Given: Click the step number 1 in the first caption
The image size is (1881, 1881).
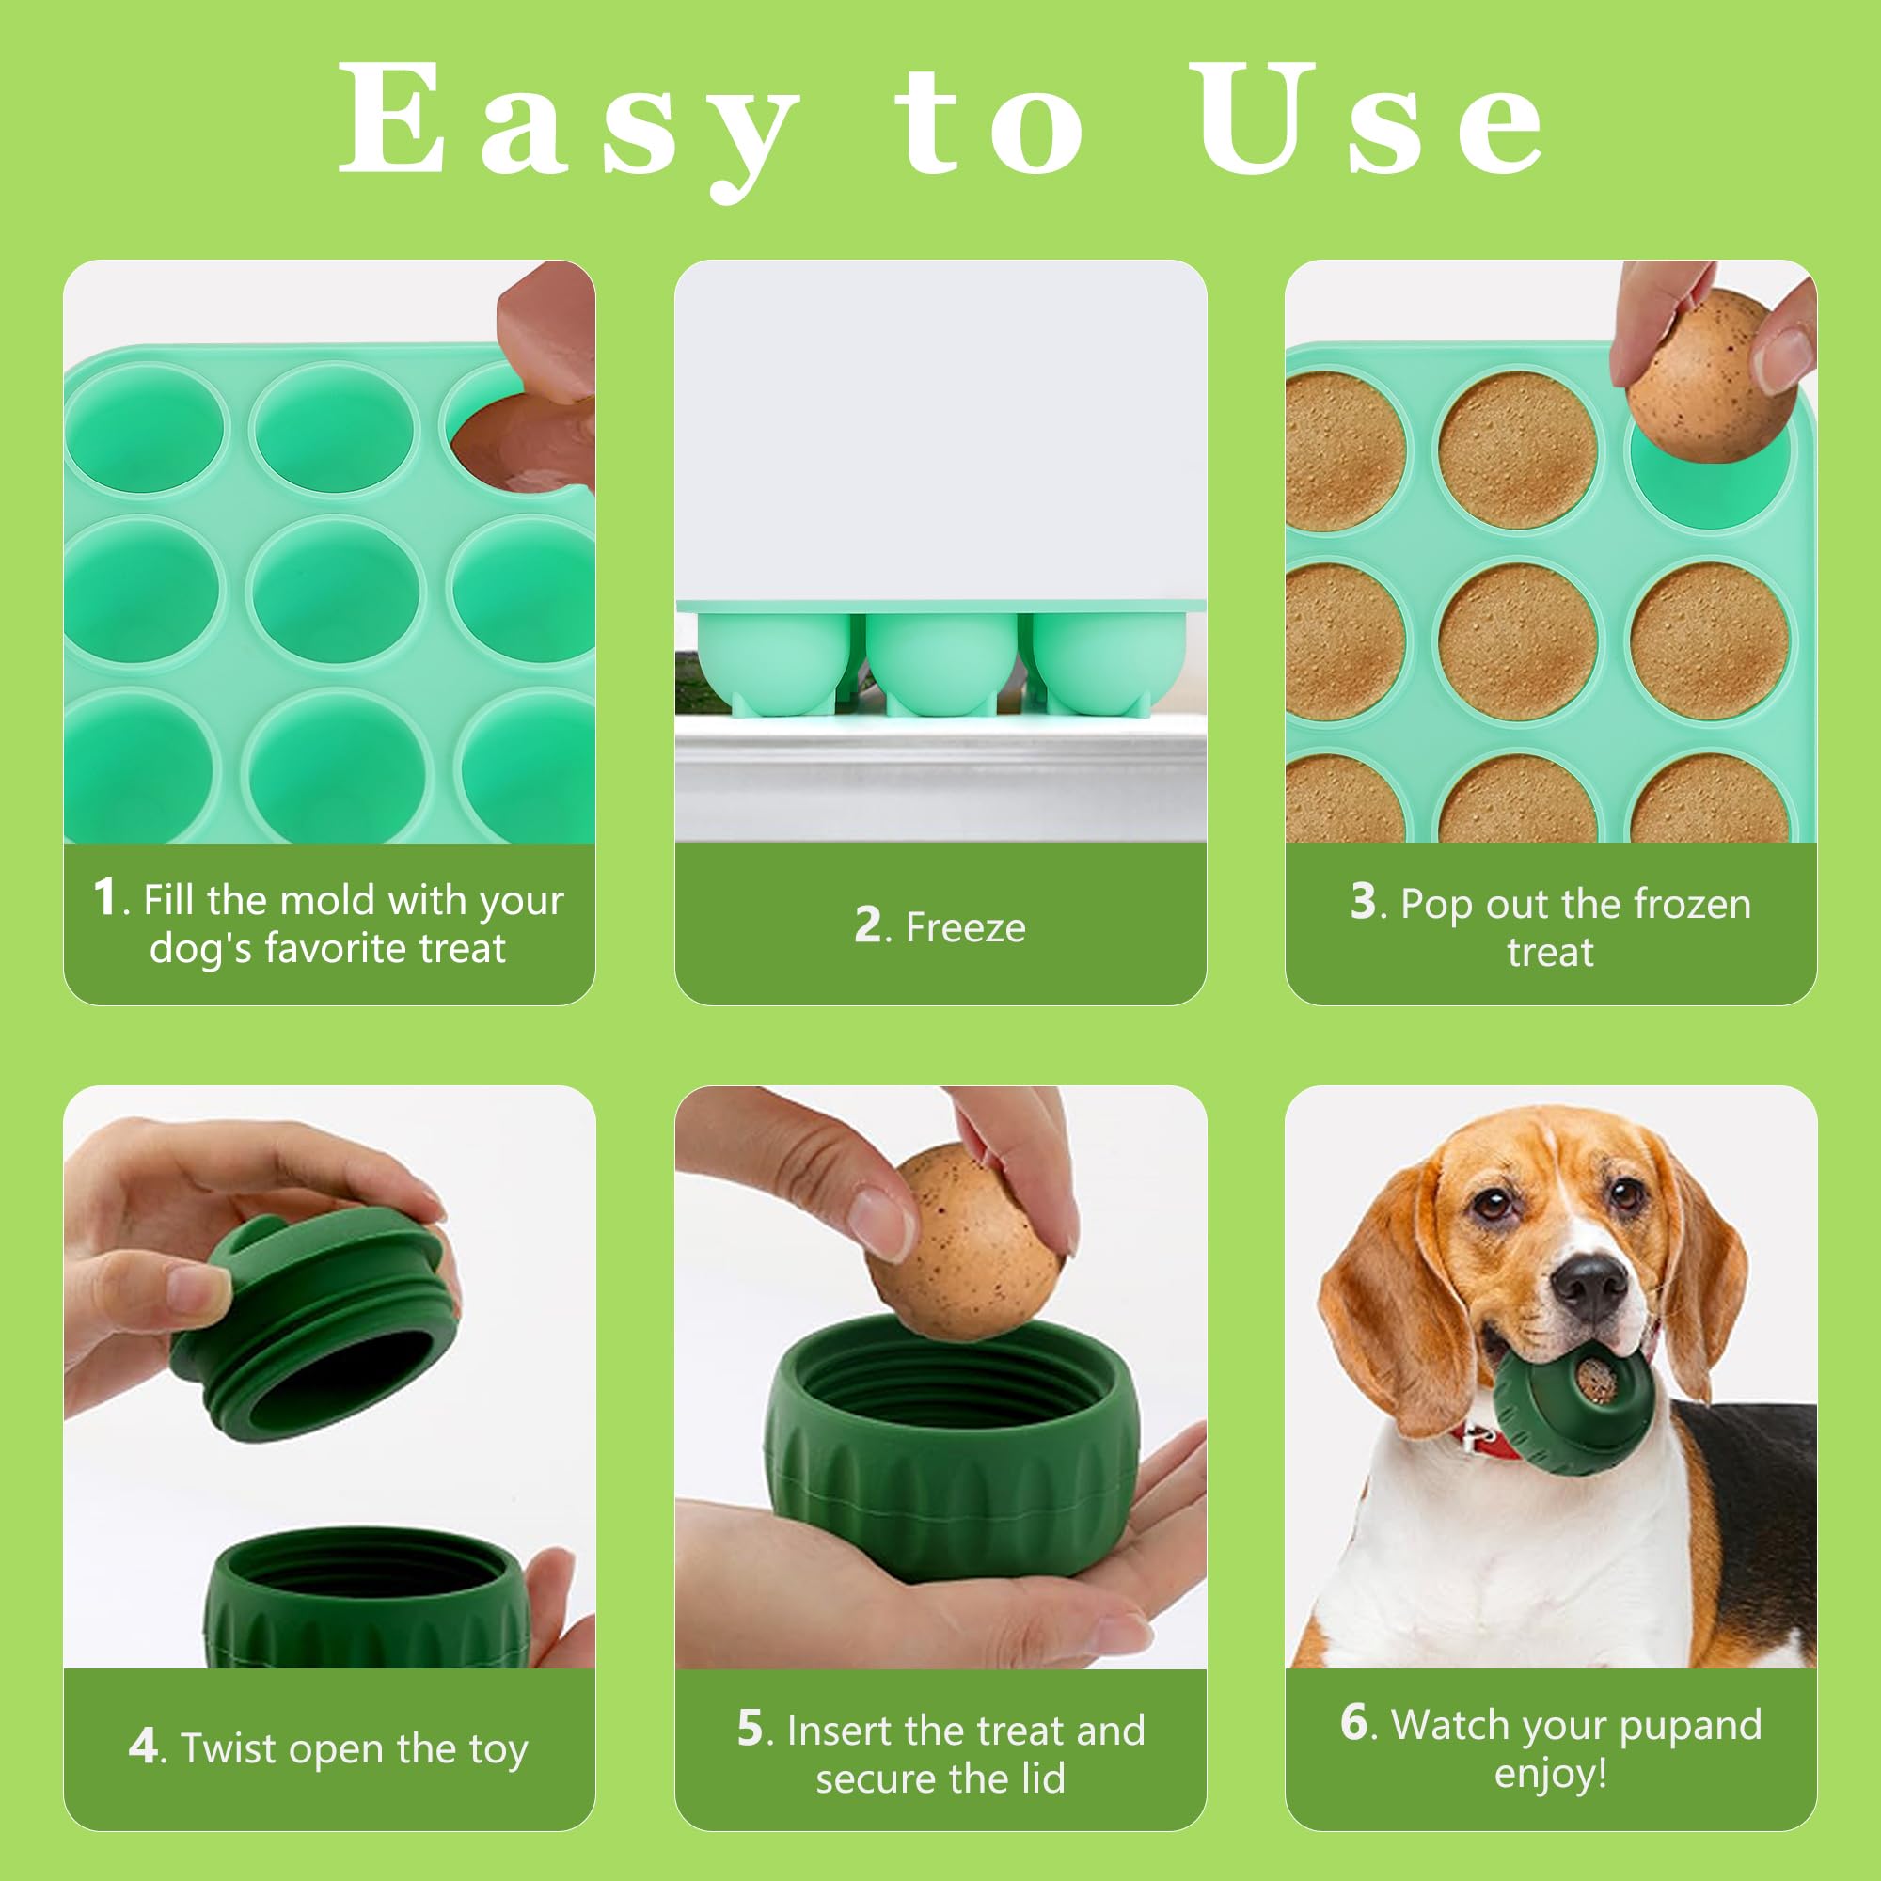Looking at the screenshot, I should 105,896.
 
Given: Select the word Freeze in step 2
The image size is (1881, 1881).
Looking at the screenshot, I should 965,928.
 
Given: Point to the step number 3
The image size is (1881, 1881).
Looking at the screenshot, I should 1362,902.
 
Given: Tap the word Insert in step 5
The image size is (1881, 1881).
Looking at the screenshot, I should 839,1731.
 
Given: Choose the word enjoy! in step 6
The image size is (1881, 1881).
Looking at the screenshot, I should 1550,1773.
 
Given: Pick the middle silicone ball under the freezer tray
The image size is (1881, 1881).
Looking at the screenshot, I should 940,662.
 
